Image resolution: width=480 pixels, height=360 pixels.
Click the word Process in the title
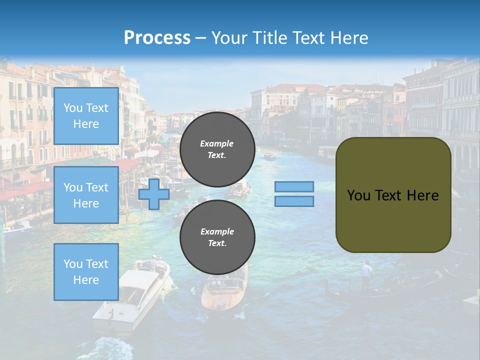(157, 38)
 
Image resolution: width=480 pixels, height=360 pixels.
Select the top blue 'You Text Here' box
(86, 116)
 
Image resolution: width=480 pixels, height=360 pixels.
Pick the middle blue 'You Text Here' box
(86, 195)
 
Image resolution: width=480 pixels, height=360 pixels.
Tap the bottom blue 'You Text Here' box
(86, 272)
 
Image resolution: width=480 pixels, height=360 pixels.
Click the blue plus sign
(154, 193)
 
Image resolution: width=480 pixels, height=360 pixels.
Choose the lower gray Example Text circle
(217, 237)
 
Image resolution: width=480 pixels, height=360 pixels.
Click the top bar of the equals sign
(294, 186)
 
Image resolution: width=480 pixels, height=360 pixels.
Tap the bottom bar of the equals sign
(294, 201)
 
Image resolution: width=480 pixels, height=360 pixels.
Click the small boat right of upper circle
(269, 156)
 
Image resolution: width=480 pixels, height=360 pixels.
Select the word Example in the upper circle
(217, 143)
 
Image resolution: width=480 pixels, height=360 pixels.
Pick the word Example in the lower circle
(217, 231)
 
